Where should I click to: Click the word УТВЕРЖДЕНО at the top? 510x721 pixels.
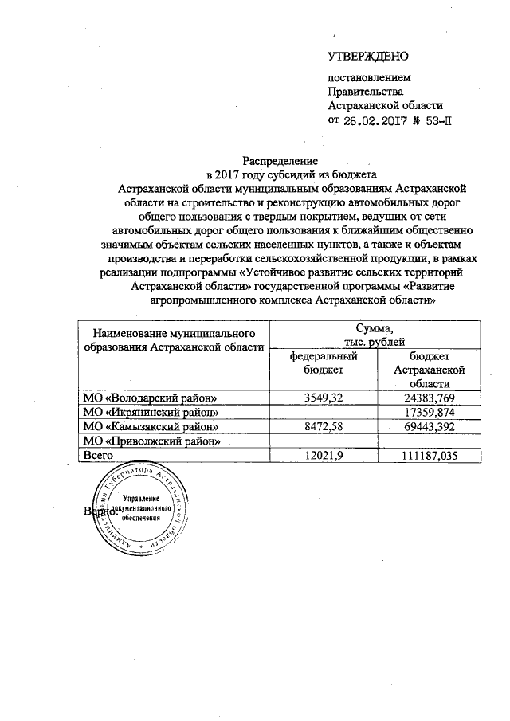[x=368, y=57]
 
